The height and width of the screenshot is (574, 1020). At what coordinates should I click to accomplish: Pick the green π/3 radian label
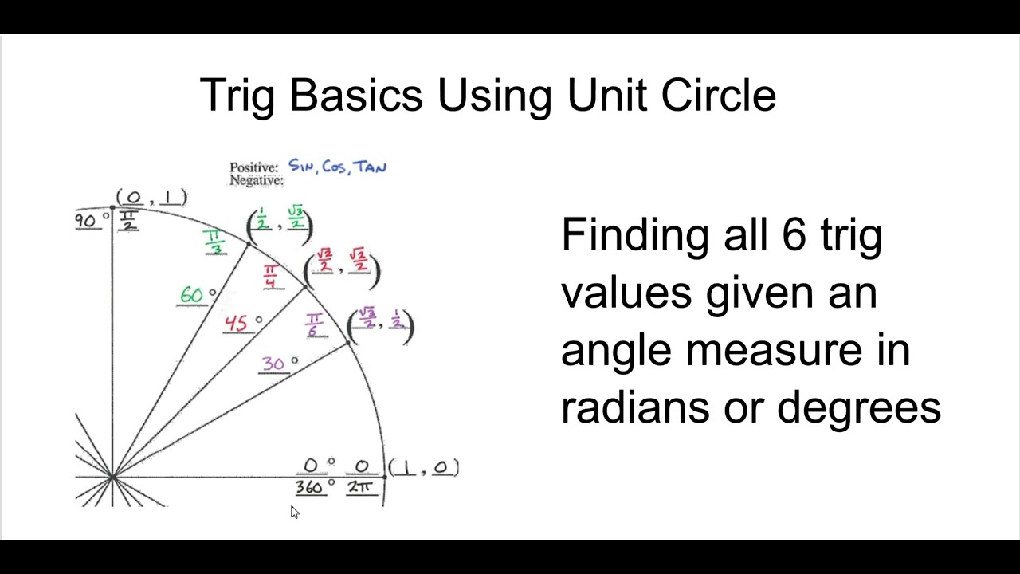pyautogui.click(x=214, y=242)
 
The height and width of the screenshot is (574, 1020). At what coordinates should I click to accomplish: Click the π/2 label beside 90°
pyautogui.click(x=127, y=221)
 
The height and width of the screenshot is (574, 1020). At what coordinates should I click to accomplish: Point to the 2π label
pyautogui.click(x=361, y=486)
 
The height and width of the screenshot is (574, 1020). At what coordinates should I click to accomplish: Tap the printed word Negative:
pyautogui.click(x=256, y=181)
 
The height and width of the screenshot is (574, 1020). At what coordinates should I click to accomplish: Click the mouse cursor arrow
pyautogui.click(x=294, y=512)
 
